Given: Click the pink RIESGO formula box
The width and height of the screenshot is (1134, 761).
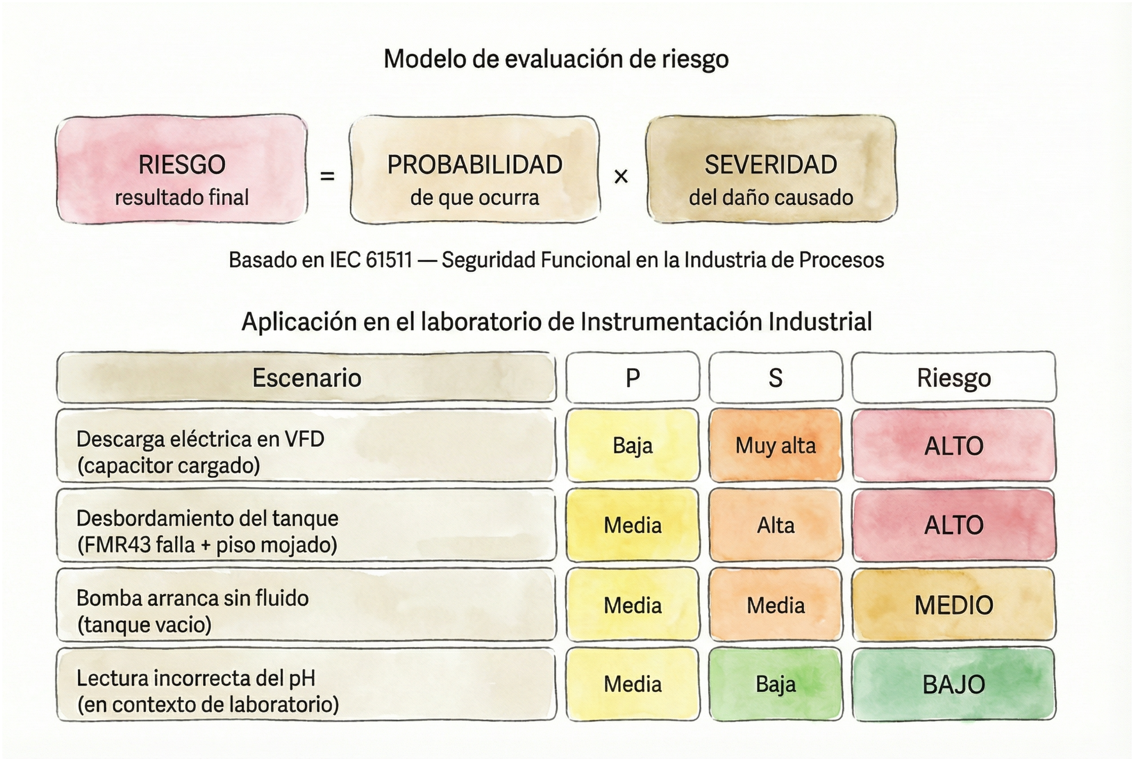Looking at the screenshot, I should tap(182, 170).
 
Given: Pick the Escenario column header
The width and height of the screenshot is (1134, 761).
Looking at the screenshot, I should tap(306, 378).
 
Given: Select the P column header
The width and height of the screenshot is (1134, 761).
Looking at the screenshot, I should tap(633, 378).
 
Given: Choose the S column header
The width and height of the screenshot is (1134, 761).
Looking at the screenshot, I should tap(775, 378).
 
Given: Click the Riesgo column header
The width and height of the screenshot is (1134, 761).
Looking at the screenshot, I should tap(953, 378).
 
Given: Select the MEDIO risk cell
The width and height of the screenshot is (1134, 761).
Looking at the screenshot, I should tap(953, 605).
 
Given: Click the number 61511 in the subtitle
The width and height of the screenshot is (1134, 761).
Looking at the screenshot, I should tap(388, 260).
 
